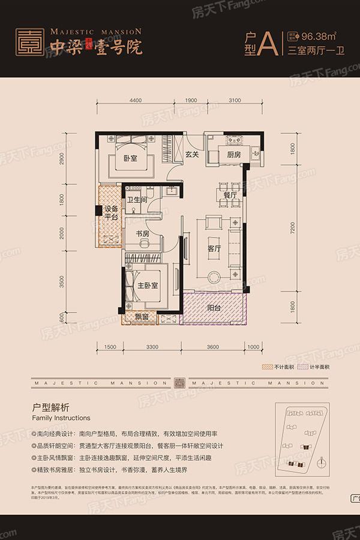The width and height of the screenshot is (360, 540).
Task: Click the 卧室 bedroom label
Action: pyautogui.click(x=131, y=158)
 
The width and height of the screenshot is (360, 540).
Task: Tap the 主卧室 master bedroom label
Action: pyautogui.click(x=146, y=286)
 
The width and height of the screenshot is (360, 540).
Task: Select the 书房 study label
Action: pyautogui.click(x=142, y=234)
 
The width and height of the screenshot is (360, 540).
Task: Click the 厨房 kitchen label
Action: pyautogui.click(x=234, y=154)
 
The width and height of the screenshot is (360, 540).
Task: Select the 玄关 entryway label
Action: pyautogui.click(x=191, y=154)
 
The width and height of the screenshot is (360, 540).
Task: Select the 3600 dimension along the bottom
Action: pyautogui.click(x=212, y=347)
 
